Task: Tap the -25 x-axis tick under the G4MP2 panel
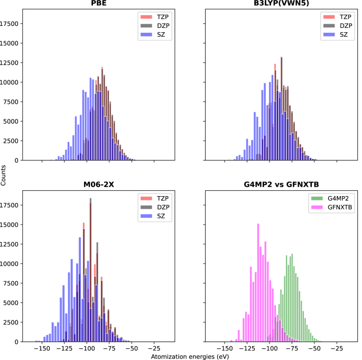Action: click(335, 349)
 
